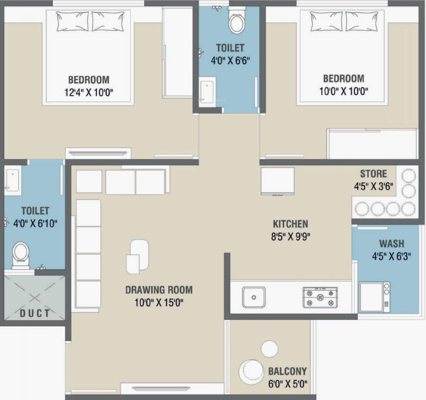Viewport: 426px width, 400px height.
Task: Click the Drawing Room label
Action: pyautogui.click(x=159, y=290)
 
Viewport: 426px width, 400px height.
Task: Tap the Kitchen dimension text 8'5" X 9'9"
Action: pyautogui.click(x=291, y=236)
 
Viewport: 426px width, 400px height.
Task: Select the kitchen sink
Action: pyautogui.click(x=254, y=297)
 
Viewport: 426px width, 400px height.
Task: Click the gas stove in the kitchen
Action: pyautogui.click(x=320, y=297)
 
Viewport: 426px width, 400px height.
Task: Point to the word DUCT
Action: pyautogui.click(x=35, y=314)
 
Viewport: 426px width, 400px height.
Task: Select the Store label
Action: pyautogui.click(x=373, y=173)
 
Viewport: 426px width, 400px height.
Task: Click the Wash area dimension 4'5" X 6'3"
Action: pyautogui.click(x=392, y=256)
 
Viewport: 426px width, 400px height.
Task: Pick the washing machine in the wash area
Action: pyautogui.click(x=374, y=297)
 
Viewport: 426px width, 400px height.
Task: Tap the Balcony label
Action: pyautogui.click(x=287, y=371)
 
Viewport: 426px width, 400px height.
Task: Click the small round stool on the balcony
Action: pyautogui.click(x=270, y=348)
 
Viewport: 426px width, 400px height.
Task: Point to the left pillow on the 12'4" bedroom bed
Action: pyautogui.click(x=72, y=21)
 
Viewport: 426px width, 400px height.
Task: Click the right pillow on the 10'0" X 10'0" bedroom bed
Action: pyautogui.click(x=361, y=21)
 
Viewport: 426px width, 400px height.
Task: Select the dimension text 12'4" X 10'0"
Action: pyautogui.click(x=89, y=92)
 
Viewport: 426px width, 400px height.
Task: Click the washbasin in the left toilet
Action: pyautogui.click(x=12, y=180)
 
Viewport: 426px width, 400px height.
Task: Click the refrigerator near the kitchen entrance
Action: pyautogui.click(x=278, y=181)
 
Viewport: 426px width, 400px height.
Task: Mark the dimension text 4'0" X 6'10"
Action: pyautogui.click(x=35, y=223)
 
